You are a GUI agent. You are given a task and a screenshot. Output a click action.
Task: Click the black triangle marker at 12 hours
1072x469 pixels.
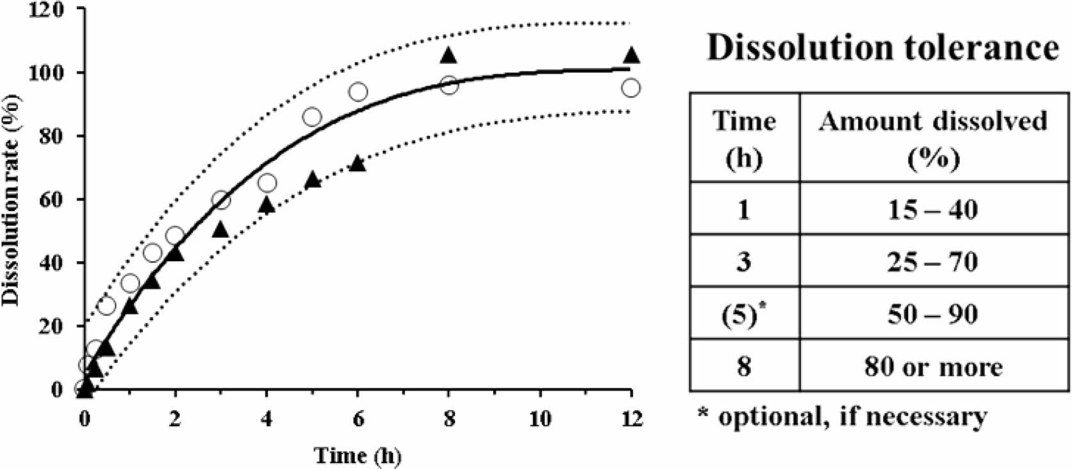[631, 56]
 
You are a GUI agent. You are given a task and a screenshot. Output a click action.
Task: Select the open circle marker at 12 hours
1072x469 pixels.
[631, 88]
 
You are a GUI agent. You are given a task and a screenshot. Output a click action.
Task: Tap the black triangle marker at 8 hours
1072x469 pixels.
[449, 56]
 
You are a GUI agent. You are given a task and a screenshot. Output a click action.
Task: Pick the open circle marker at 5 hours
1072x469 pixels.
[312, 117]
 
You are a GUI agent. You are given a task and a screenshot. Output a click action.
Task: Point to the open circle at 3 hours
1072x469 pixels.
[221, 200]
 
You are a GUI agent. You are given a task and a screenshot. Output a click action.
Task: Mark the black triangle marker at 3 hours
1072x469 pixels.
[220, 230]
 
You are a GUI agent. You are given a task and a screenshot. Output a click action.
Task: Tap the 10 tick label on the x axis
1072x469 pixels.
[540, 419]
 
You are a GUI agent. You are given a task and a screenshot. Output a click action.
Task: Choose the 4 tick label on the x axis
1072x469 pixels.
[267, 419]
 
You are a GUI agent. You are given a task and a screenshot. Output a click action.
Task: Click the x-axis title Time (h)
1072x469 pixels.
[357, 456]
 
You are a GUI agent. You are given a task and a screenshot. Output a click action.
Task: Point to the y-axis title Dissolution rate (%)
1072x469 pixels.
[11, 199]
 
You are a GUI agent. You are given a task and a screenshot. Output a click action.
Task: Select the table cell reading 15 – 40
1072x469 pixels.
[933, 209]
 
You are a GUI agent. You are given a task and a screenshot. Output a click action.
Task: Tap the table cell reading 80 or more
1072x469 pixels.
[933, 367]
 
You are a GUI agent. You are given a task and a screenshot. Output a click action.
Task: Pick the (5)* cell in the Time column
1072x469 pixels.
[744, 314]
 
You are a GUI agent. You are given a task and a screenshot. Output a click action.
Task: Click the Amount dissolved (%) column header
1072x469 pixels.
[933, 138]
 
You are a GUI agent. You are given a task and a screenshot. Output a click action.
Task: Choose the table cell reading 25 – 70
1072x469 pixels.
[933, 262]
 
